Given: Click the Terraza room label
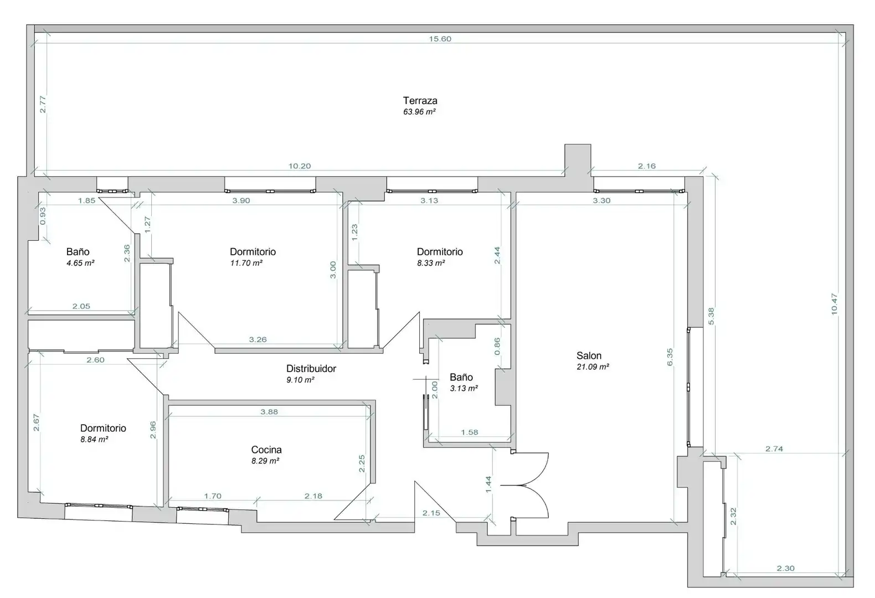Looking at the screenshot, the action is pyautogui.click(x=420, y=100).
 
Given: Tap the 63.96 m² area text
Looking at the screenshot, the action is pyautogui.click(x=419, y=112).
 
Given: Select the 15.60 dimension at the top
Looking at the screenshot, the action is pyautogui.click(x=440, y=39).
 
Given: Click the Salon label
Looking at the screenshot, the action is pyautogui.click(x=589, y=355).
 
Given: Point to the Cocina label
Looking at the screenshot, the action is pyautogui.click(x=266, y=450).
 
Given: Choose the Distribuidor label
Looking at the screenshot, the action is pyautogui.click(x=311, y=368).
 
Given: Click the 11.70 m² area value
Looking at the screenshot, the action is pyautogui.click(x=246, y=263).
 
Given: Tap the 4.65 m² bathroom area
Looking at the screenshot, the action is pyautogui.click(x=80, y=263).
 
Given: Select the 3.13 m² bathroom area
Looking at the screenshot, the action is pyautogui.click(x=464, y=388).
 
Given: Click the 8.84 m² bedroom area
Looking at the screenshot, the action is pyautogui.click(x=94, y=440).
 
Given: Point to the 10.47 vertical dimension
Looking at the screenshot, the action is pyautogui.click(x=834, y=305).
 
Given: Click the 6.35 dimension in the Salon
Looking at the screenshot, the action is pyautogui.click(x=670, y=357).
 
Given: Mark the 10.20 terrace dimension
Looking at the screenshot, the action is pyautogui.click(x=300, y=166).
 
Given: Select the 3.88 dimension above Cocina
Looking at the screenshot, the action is pyautogui.click(x=269, y=412).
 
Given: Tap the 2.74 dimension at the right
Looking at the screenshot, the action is pyautogui.click(x=774, y=449).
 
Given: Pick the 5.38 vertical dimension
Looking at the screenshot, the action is pyautogui.click(x=711, y=316).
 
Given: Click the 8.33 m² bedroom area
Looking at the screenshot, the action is pyautogui.click(x=431, y=263).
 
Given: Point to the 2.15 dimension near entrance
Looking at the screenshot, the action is pyautogui.click(x=431, y=513).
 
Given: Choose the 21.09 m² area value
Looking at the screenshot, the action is pyautogui.click(x=593, y=367).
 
